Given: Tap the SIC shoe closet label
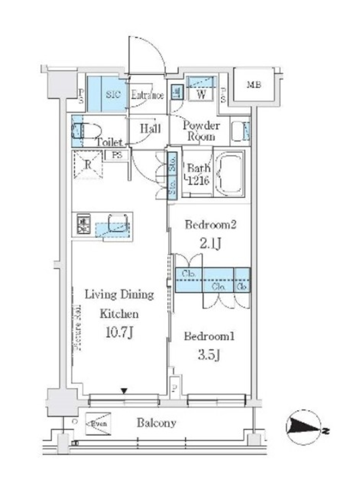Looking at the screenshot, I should point(113,95).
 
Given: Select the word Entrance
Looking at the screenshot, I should point(147,95).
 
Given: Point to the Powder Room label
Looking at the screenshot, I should point(201,131).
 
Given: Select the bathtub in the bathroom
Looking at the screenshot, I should point(230,173).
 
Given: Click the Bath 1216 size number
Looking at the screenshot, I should point(198,180).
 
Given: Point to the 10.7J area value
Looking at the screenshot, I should point(119,332).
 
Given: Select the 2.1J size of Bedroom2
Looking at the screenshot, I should point(210,244).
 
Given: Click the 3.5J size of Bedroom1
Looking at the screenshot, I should point(209,354).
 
